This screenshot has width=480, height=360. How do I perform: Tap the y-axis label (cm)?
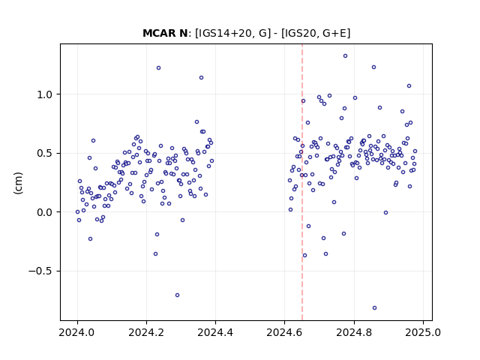[18, 183]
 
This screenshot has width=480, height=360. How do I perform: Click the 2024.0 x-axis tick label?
[77, 332]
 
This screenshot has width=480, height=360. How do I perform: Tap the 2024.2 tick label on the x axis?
[147, 332]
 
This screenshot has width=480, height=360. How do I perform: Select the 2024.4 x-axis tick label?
[215, 332]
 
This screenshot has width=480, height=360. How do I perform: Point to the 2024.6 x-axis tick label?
[285, 332]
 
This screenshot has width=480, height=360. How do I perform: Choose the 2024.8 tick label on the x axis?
[354, 332]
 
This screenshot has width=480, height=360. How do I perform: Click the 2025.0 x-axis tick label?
[423, 332]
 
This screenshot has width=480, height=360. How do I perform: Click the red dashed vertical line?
[302, 182]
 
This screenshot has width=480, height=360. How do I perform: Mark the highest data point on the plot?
[345, 56]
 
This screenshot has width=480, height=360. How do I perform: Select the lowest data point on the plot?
[374, 308]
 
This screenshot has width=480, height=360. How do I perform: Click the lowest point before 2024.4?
[177, 295]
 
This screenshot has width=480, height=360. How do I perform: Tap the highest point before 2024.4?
[158, 68]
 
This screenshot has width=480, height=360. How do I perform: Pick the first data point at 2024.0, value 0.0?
[77, 211]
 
